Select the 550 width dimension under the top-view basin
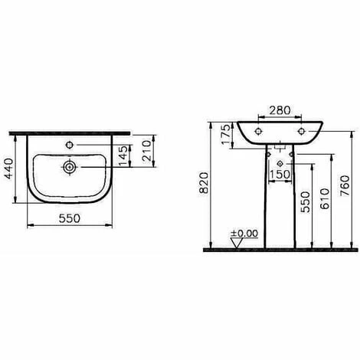(71, 217)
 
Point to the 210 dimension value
(148, 153)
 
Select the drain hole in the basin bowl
(70, 164)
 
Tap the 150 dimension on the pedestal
(279, 173)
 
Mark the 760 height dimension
(346, 184)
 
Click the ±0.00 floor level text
(246, 233)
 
